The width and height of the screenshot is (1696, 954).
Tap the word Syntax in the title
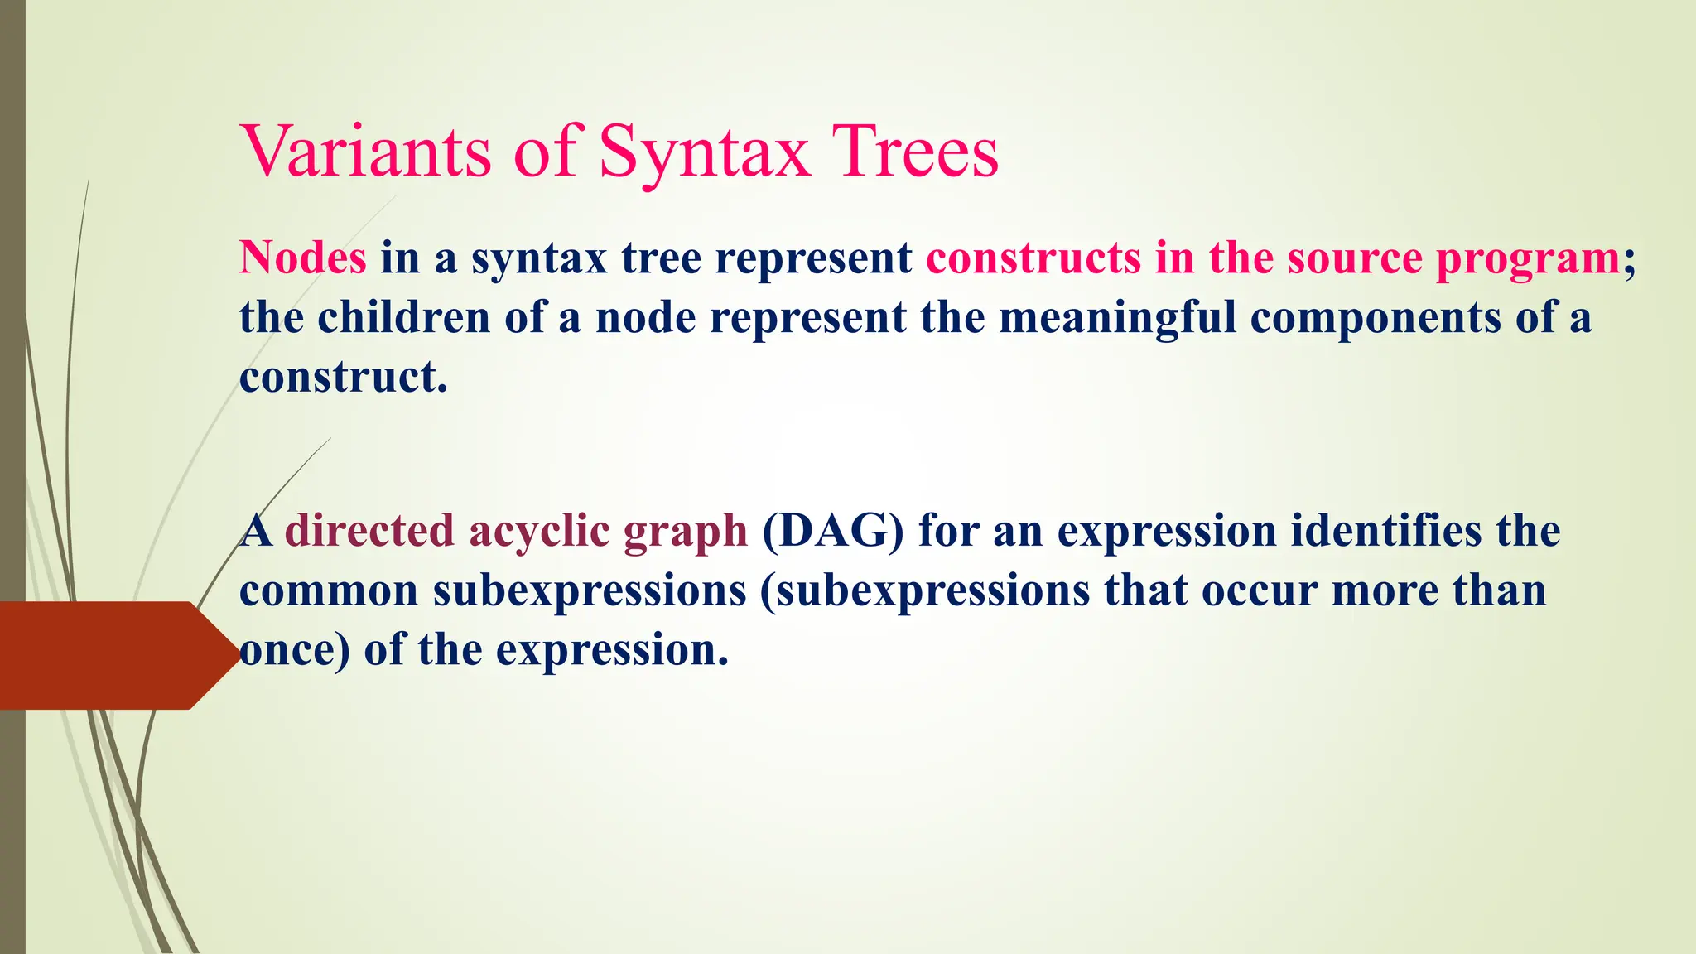[704, 152]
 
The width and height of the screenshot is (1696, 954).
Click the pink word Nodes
[303, 258]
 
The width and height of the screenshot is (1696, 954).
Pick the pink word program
[1528, 259]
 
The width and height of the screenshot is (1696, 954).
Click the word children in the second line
[404, 317]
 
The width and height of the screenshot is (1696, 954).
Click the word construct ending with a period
[343, 378]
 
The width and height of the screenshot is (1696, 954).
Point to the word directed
[369, 531]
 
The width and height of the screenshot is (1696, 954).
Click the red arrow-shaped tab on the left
[108, 654]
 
